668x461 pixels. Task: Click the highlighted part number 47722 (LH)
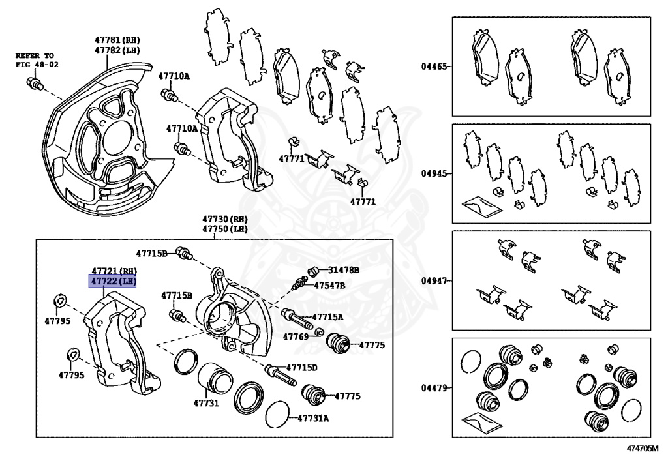pos(114,282)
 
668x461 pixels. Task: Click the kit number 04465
pos(434,67)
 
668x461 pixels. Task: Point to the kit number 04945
pos(434,174)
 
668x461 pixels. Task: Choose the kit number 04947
pos(434,281)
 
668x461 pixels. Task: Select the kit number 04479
pos(434,388)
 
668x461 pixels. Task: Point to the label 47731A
pos(313,418)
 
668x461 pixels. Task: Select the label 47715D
pos(302,368)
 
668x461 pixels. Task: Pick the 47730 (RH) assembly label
pos(224,220)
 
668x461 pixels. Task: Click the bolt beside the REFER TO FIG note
pos(34,83)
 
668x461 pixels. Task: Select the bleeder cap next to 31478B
pos(313,270)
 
